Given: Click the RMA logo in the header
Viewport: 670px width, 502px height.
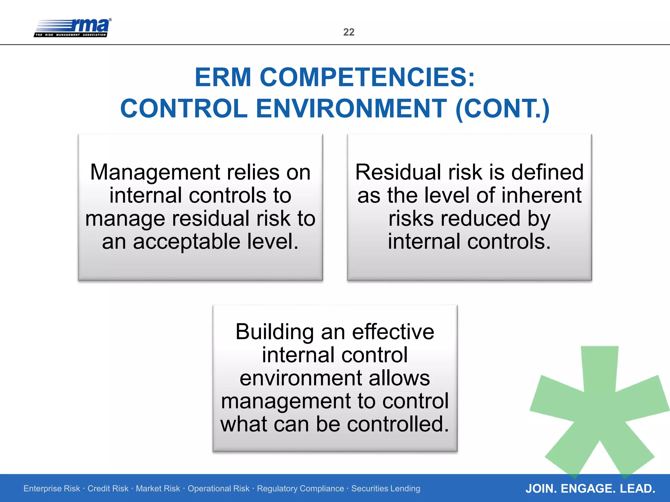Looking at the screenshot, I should tap(73, 28).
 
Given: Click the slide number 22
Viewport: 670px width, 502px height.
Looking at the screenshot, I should tap(349, 32).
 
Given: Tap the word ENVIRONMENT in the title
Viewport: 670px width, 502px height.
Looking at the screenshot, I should tap(351, 109).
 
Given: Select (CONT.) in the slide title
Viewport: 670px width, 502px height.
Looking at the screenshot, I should tap(502, 109).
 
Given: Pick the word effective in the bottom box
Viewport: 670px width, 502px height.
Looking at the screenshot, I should tap(393, 332).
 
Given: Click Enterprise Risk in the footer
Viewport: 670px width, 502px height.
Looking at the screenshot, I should tap(52, 489).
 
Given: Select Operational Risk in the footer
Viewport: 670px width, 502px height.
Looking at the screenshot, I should tap(218, 489).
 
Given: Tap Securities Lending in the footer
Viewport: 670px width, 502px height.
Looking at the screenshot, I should tap(386, 489).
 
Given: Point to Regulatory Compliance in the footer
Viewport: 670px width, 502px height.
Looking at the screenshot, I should tap(300, 489).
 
